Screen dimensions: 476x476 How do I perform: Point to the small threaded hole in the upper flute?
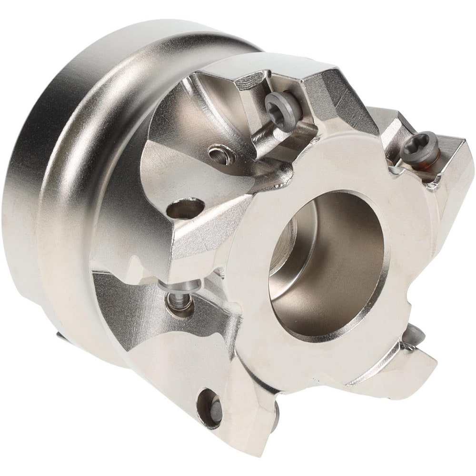(218, 153)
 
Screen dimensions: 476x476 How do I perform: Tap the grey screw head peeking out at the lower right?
(413, 336)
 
